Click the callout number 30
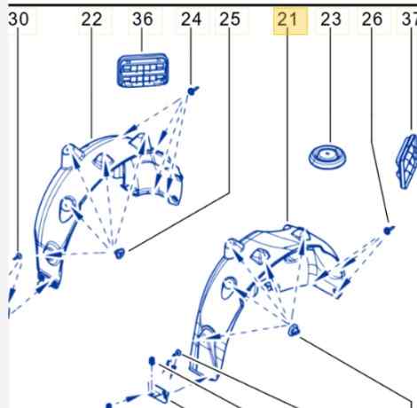[x=19, y=20]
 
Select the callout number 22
[x=91, y=20]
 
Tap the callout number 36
[x=143, y=20]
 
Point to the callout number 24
[x=192, y=20]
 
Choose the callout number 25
[x=230, y=20]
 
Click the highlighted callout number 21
[x=287, y=20]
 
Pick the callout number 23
[x=331, y=20]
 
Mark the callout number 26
[x=372, y=20]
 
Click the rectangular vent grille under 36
[x=143, y=70]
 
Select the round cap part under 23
[x=327, y=157]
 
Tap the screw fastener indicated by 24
[x=193, y=90]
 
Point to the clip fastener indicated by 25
[x=120, y=253]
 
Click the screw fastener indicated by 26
[x=389, y=230]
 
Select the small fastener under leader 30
[x=18, y=256]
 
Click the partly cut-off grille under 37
[x=407, y=161]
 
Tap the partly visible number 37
[x=409, y=20]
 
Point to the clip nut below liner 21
[x=294, y=330]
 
